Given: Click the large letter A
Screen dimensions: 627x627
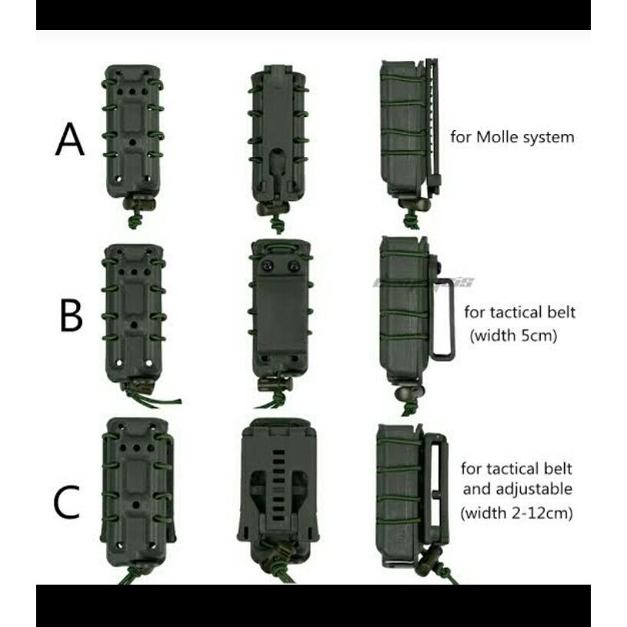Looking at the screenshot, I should click(69, 140).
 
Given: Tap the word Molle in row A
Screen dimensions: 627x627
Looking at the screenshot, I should click(498, 138).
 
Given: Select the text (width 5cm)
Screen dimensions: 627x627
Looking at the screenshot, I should click(512, 337).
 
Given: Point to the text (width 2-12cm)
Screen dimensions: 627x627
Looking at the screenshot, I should click(516, 513).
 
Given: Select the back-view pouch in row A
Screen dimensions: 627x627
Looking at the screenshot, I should click(277, 139).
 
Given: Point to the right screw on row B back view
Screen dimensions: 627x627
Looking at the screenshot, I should click(294, 267).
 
